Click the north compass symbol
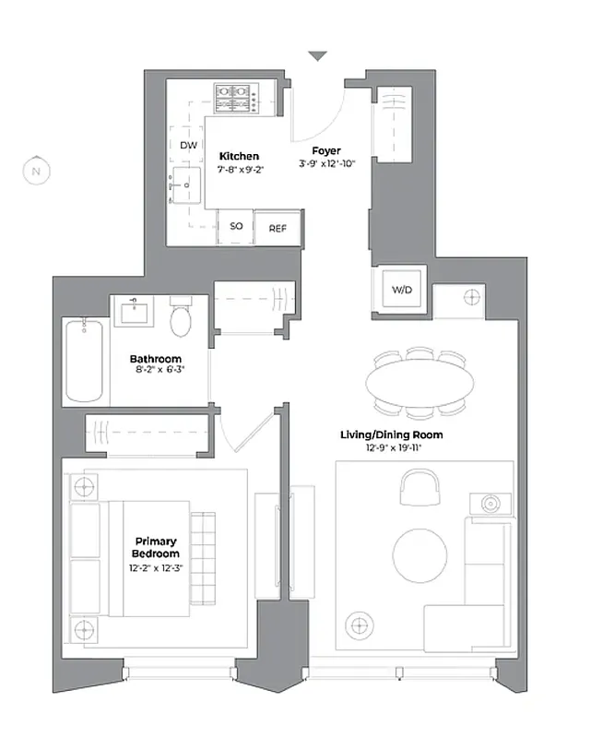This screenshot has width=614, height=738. (x=36, y=171)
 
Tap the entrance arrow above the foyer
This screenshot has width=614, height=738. (x=317, y=57)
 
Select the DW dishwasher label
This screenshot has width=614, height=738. (x=188, y=146)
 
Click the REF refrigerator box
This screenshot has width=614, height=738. (x=278, y=229)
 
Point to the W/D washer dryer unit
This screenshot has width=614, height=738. (x=403, y=290)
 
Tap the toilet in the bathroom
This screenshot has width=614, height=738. (x=181, y=319)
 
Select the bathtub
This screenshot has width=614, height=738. (x=85, y=360)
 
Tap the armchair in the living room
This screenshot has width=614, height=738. (x=419, y=485)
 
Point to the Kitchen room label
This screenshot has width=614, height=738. (x=239, y=157)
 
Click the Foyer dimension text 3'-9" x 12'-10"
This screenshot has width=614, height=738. (x=326, y=163)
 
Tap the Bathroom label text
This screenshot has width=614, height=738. (x=156, y=359)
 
